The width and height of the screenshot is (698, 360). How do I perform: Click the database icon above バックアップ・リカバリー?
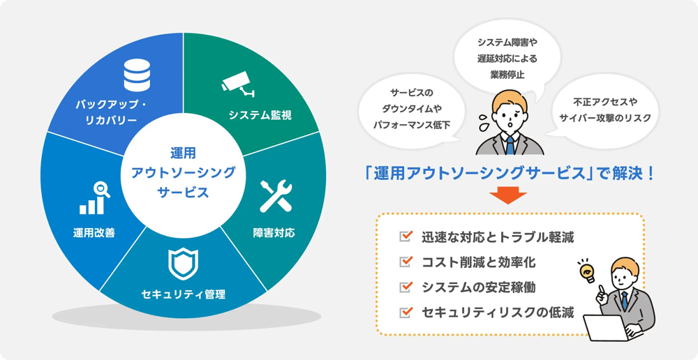click(137, 75)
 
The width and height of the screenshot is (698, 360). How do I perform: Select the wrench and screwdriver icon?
click(276, 196)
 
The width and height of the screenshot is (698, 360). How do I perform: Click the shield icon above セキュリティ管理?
click(183, 264)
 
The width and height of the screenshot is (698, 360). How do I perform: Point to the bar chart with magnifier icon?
click(94, 198)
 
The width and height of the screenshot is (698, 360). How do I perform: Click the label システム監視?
click(260, 116)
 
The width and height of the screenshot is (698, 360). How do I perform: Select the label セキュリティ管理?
click(183, 294)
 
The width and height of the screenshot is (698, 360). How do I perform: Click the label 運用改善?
click(94, 233)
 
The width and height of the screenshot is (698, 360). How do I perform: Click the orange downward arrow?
click(507, 197)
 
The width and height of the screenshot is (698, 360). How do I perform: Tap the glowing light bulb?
click(586, 271)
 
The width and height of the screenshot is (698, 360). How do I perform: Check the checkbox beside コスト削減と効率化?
click(406, 262)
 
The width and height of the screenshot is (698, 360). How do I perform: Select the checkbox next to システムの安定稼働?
click(406, 287)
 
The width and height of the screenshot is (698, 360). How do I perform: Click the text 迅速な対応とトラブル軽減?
click(498, 237)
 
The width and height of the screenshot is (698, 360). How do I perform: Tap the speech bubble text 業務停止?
click(507, 74)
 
